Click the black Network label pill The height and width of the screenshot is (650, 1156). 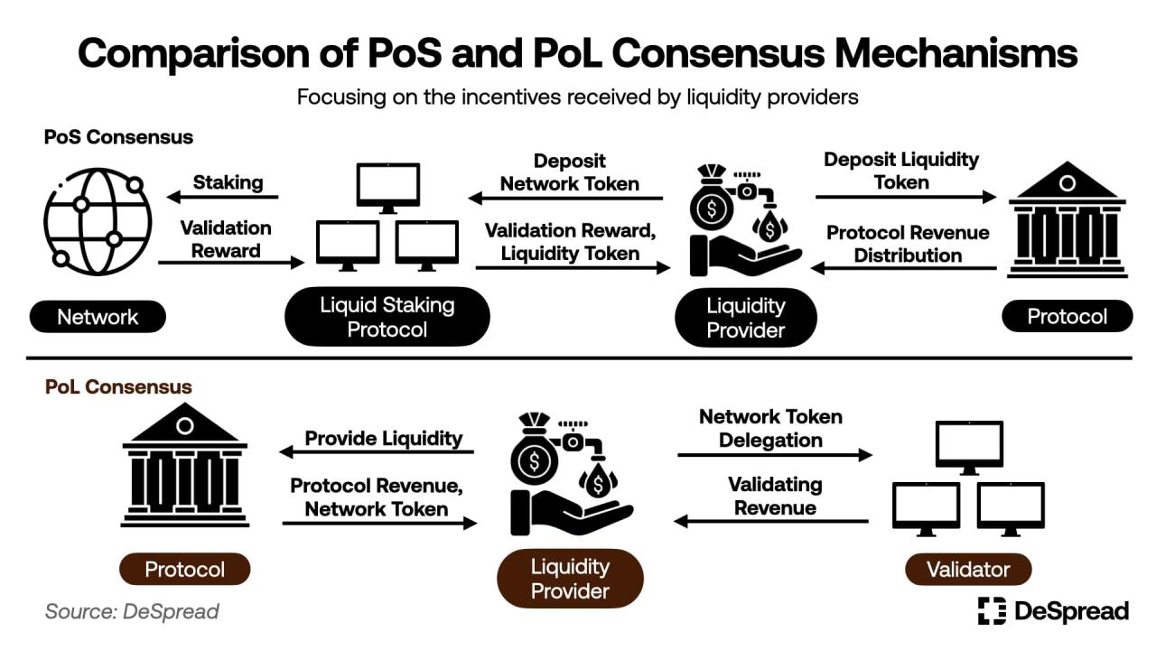click(98, 317)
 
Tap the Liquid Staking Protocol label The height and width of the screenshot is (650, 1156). click(387, 317)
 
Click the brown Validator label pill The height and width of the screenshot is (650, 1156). click(967, 570)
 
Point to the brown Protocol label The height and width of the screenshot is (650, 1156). click(185, 570)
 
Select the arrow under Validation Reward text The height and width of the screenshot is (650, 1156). click(231, 263)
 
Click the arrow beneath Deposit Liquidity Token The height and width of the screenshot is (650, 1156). click(906, 197)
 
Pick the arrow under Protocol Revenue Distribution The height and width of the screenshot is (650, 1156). click(904, 268)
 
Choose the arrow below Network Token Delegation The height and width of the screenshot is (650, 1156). click(775, 456)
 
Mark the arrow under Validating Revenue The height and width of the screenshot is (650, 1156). click(771, 521)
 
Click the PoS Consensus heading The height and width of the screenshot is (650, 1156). click(118, 137)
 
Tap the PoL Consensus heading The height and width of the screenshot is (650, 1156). click(118, 387)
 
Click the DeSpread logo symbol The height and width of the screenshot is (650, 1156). click(992, 611)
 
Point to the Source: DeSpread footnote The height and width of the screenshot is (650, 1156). click(132, 611)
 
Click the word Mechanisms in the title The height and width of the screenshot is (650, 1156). click(955, 53)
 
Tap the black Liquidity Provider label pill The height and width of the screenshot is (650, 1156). click(745, 318)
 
